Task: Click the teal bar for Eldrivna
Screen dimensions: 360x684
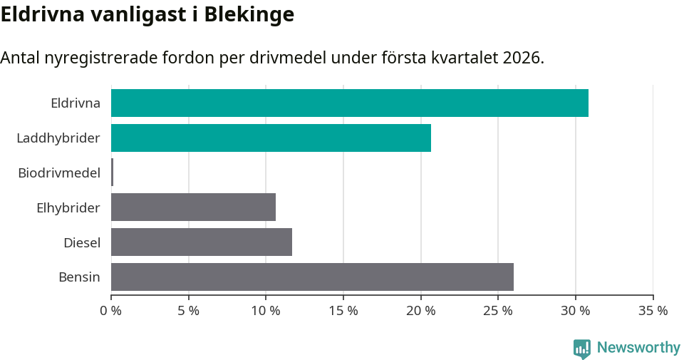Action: [349, 103]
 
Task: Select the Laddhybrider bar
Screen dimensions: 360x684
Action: [271, 138]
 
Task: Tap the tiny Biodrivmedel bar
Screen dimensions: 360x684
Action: [112, 173]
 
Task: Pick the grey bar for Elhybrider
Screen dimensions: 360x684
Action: [193, 207]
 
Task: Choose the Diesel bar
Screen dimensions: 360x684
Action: [202, 242]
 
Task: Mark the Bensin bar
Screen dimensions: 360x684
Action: [312, 277]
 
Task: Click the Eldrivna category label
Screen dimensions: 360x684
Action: [75, 103]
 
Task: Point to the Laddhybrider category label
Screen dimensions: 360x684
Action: [58, 138]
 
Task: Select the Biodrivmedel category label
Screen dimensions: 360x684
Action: [59, 173]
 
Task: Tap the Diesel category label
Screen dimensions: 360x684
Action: [82, 242]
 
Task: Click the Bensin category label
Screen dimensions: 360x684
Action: [79, 277]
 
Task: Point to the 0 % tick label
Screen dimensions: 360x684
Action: [111, 311]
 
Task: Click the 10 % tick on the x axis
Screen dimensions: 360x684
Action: [266, 311]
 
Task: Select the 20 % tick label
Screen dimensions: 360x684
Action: [420, 311]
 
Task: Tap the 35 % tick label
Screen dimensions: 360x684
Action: [653, 311]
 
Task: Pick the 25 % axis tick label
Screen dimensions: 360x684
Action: [498, 311]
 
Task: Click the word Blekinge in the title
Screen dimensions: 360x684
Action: [249, 15]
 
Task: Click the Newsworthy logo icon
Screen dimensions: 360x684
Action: [582, 348]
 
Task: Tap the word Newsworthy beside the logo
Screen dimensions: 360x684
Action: [638, 347]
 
